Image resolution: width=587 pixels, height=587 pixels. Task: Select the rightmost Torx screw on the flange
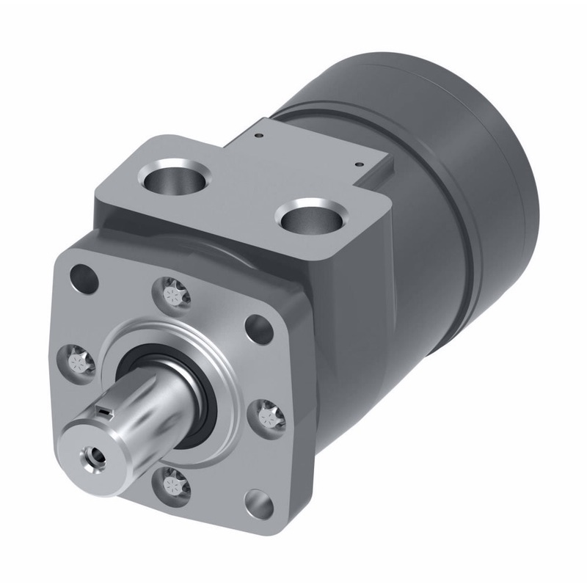click(269, 415)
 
